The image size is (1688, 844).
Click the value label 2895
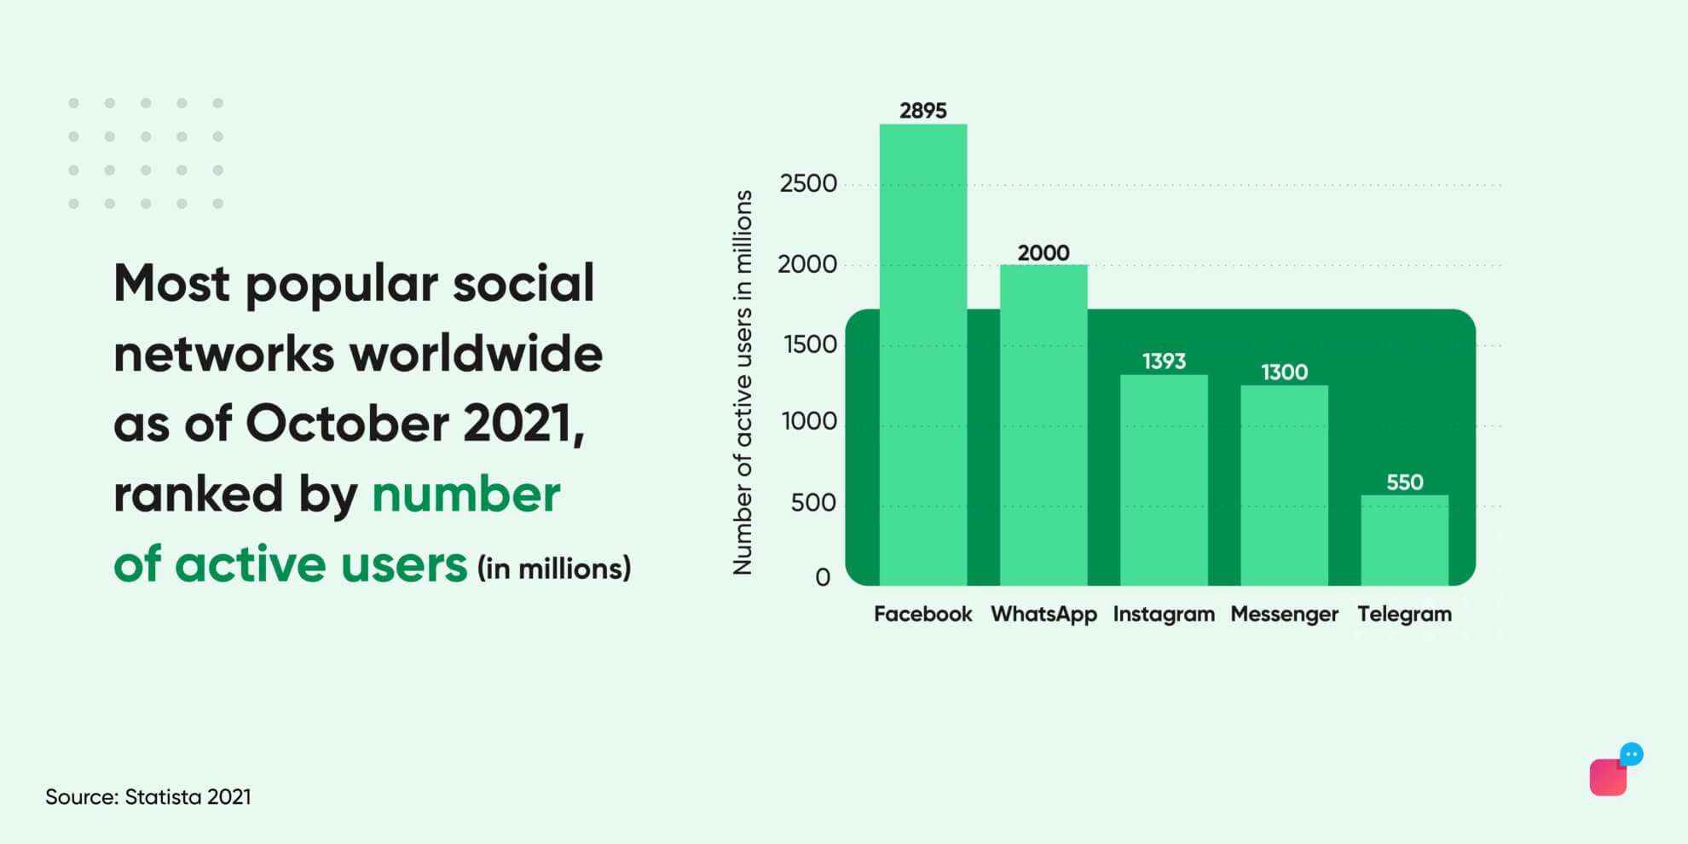pos(923,111)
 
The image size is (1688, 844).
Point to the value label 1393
pos(1164,361)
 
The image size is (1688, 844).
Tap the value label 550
pos(1404,483)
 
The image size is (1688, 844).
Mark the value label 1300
pos(1284,373)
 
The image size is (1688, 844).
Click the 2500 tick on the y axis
pos(808,183)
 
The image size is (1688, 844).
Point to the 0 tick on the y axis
pos(823,578)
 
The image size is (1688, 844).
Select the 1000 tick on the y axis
pos(809,421)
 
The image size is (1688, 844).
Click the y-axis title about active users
pos(743,382)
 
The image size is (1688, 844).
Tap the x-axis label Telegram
pos(1404,614)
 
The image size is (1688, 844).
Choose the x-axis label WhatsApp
pos(1043,614)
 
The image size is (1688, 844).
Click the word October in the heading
pos(346,423)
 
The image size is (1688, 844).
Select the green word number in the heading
pos(465,494)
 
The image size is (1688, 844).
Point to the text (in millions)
pos(554,569)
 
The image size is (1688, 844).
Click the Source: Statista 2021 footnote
pos(148,797)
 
